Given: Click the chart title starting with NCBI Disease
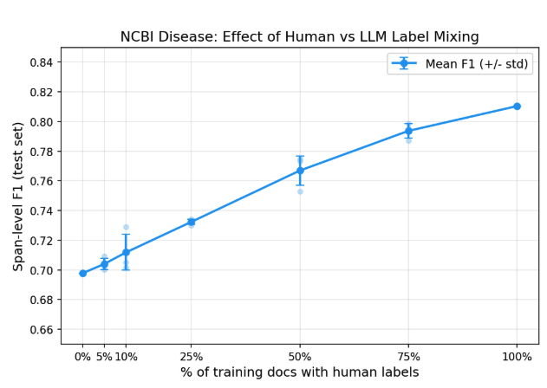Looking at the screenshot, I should pos(299,36).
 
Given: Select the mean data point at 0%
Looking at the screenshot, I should pos(83,273).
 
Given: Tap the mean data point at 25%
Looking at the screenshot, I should pos(192,222).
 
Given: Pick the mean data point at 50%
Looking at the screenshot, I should pos(300,171).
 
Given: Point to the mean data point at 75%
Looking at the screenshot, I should pos(408,131).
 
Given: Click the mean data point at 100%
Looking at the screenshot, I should pos(517,107).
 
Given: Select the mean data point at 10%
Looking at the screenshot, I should pos(126,252).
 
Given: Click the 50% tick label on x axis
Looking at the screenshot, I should pos(300,356).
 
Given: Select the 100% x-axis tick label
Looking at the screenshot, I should pos(517,356).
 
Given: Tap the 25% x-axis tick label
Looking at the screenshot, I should pos(192,356).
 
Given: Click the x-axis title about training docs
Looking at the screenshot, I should pos(299,372).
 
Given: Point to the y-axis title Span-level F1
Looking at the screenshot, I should pos(17,196).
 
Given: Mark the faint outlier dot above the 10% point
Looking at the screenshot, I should pos(126,227).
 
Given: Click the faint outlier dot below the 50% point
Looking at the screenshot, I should pos(300,191).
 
